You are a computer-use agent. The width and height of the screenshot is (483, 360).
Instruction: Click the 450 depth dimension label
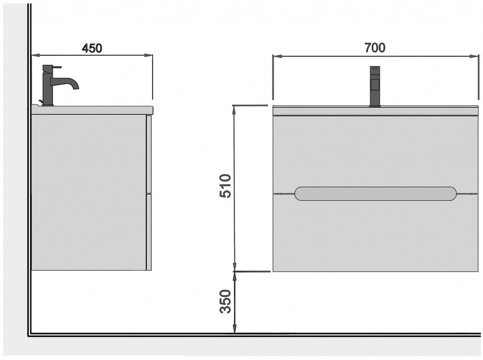coord(92,48)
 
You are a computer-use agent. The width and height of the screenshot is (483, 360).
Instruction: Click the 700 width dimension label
coord(375,48)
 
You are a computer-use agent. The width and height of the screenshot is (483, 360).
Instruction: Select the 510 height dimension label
coord(225,186)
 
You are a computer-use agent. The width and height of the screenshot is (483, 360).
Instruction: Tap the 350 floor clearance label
coord(225,301)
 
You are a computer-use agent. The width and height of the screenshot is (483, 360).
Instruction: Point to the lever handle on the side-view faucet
coord(52,67)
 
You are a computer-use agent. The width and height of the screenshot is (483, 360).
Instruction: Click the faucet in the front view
coord(375,86)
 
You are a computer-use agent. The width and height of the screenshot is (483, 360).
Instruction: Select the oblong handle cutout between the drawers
coord(375,194)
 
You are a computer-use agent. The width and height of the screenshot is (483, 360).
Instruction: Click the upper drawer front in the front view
coord(376,154)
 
